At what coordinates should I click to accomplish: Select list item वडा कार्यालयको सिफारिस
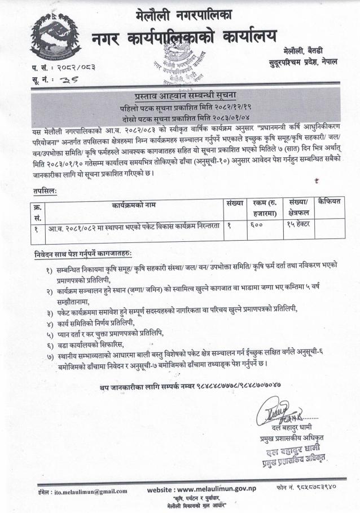pos(90,344)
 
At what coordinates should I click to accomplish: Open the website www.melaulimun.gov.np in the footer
pos(212,490)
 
